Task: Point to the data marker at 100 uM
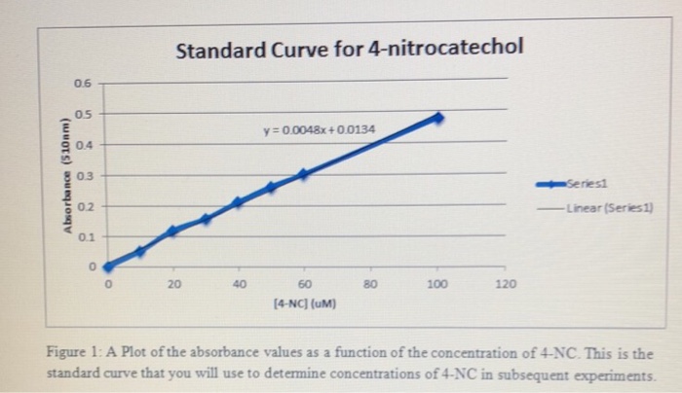click(437, 117)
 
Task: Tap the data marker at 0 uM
click(108, 266)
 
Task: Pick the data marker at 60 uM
click(303, 174)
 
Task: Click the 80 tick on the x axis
click(369, 284)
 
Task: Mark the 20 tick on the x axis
click(173, 284)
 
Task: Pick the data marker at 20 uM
click(172, 231)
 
